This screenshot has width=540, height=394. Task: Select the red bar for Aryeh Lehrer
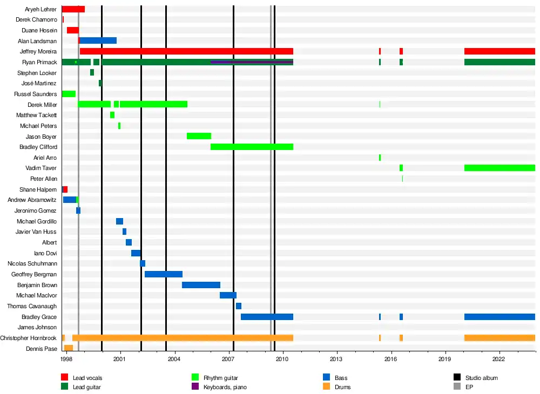[73, 9]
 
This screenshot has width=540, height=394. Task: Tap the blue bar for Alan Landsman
[98, 40]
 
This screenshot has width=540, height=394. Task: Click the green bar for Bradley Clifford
[252, 147]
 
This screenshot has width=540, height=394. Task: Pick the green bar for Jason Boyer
[199, 136]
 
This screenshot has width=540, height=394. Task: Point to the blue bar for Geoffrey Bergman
[164, 274]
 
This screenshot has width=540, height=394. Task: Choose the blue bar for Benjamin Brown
[201, 285]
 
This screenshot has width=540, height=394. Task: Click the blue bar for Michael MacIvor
[228, 295]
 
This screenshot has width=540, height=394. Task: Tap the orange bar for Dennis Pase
[69, 348]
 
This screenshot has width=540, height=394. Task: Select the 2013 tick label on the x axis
[336, 359]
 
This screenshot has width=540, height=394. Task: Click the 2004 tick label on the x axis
[174, 359]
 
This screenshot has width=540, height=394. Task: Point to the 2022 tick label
[498, 359]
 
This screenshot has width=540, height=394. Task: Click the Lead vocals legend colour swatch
[64, 378]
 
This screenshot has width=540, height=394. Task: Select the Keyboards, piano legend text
[225, 387]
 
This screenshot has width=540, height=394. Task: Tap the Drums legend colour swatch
[326, 387]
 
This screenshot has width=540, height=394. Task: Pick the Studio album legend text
[482, 378]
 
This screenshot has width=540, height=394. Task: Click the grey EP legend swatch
[457, 387]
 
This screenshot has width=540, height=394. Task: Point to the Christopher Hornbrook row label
[28, 338]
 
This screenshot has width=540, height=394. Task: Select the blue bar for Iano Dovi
[136, 253]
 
